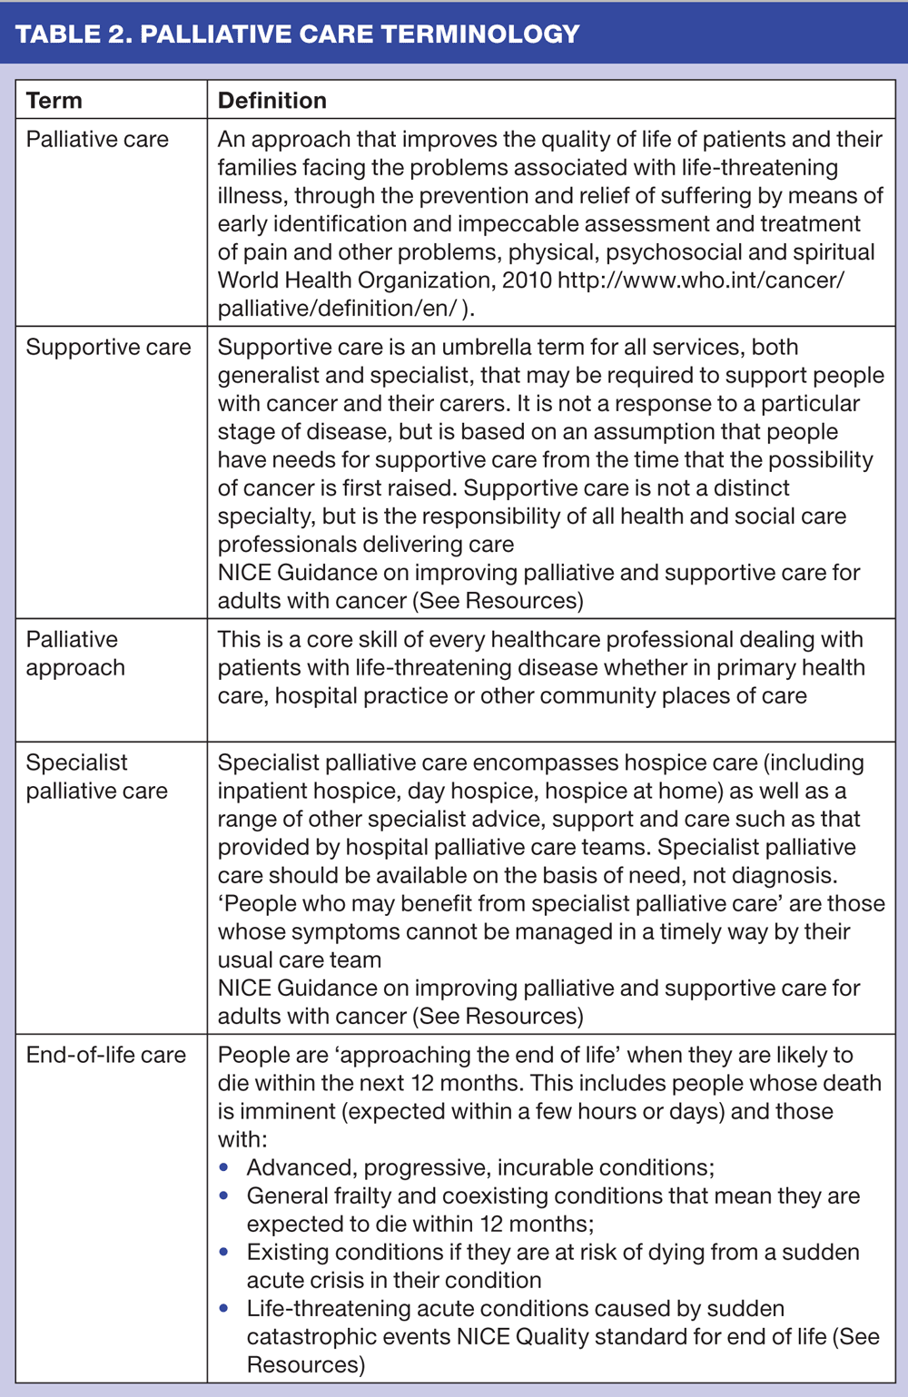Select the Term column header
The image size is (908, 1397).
point(54,100)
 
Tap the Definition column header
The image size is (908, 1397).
point(272,100)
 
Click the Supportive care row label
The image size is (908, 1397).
point(108,347)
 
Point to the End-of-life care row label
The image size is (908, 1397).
point(105,1055)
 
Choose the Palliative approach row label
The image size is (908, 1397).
point(75,654)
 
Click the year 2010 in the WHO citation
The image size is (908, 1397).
point(527,280)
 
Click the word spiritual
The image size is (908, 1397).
point(829,251)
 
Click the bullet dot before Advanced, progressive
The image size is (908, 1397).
point(224,1167)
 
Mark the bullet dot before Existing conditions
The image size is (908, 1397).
point(224,1252)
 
